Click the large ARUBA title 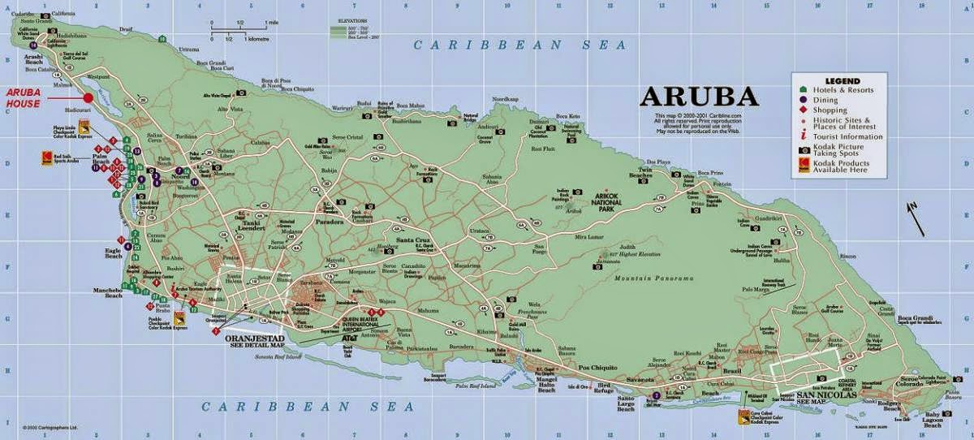(699, 96)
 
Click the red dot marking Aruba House (88, 98)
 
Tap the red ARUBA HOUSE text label (24, 98)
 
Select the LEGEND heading (842, 81)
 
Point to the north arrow (915, 218)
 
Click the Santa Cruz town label (412, 240)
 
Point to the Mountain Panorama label (654, 278)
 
